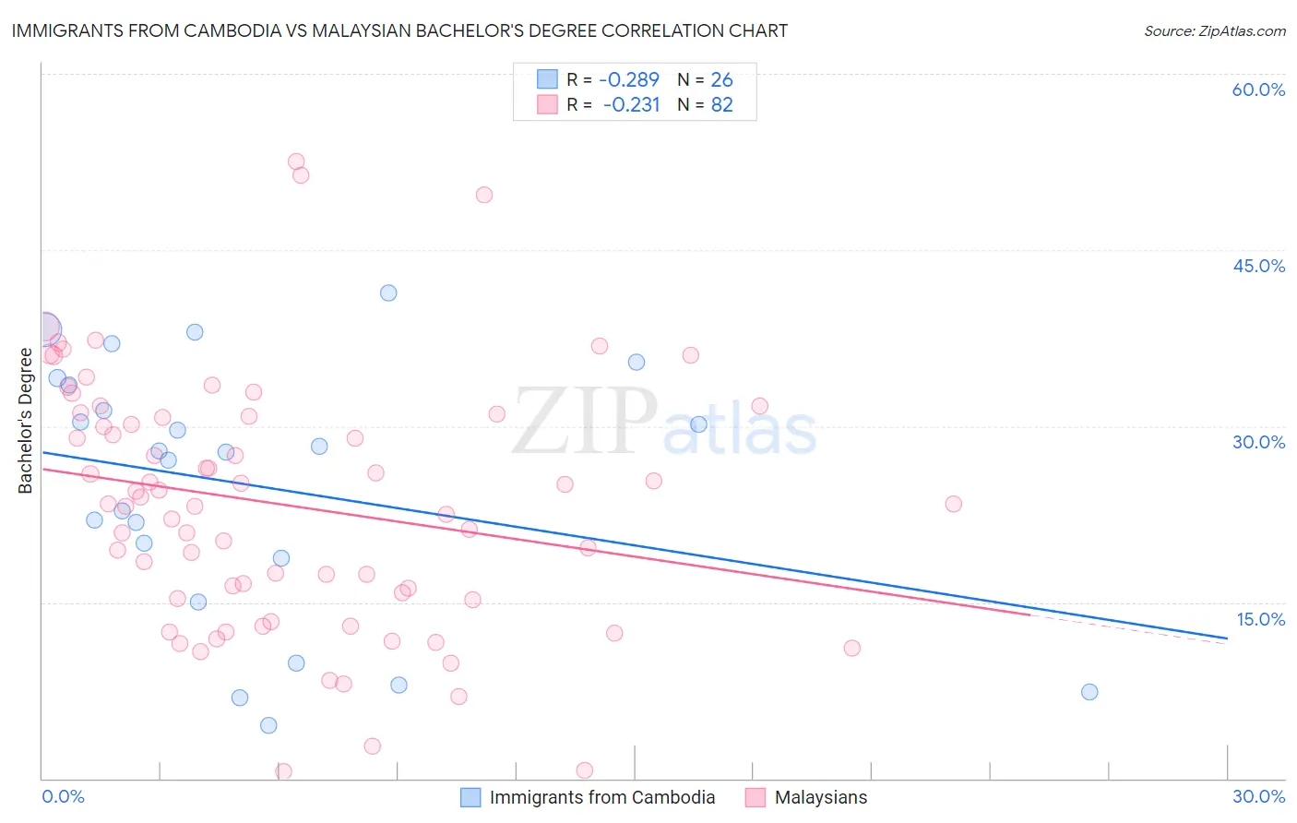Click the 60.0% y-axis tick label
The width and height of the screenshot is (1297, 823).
click(1258, 89)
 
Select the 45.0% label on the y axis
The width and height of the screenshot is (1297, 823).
click(1258, 266)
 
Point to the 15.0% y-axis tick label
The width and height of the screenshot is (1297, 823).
click(1260, 619)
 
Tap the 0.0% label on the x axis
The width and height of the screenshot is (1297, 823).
click(63, 796)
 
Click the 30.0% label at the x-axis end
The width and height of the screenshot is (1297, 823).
click(1258, 796)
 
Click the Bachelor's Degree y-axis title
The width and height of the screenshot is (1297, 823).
click(26, 421)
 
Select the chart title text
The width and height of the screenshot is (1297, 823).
click(399, 30)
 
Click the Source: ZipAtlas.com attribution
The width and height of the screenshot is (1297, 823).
click(1214, 30)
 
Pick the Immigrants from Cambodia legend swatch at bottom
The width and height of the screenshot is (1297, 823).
click(470, 797)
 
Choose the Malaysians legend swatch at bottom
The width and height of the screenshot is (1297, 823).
click(756, 797)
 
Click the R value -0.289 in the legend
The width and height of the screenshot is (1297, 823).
click(629, 79)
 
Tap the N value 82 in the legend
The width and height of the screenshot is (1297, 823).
click(721, 105)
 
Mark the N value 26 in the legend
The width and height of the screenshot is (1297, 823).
click(721, 79)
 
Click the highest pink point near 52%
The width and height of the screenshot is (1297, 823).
click(296, 161)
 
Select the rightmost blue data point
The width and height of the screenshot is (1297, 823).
click(1089, 692)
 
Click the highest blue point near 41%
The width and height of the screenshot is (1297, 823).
click(388, 292)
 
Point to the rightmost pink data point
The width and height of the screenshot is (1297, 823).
click(954, 504)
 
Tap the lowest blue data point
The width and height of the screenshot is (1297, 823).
click(268, 725)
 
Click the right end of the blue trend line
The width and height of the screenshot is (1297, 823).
click(1227, 638)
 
